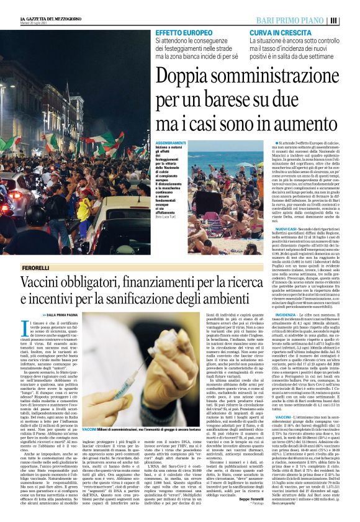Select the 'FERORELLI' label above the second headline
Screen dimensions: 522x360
(x=35, y=267)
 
